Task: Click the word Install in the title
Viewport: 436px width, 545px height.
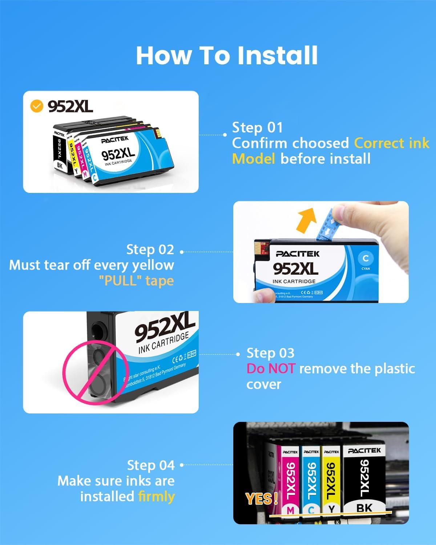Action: (278, 56)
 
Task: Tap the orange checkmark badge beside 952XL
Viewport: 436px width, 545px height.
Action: (36, 106)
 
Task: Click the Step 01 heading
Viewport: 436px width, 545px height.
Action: (257, 128)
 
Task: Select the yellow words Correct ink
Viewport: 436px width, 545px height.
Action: (392, 143)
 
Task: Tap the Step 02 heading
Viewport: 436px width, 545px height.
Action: (150, 250)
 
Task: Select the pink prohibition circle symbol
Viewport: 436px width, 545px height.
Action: (95, 372)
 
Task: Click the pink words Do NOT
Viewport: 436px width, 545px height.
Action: (271, 369)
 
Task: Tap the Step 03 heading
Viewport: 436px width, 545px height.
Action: (270, 353)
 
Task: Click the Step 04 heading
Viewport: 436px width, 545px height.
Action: (151, 465)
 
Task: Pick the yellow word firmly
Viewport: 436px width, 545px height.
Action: (156, 496)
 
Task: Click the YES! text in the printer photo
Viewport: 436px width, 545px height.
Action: (261, 499)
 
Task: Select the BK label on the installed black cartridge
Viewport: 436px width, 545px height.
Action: (364, 508)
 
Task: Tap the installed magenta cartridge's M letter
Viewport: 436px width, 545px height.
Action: (290, 510)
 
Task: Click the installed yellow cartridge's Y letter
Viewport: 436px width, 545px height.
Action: (331, 509)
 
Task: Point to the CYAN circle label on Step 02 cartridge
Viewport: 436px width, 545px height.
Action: (366, 259)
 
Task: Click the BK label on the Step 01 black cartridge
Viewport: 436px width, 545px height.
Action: (60, 165)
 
